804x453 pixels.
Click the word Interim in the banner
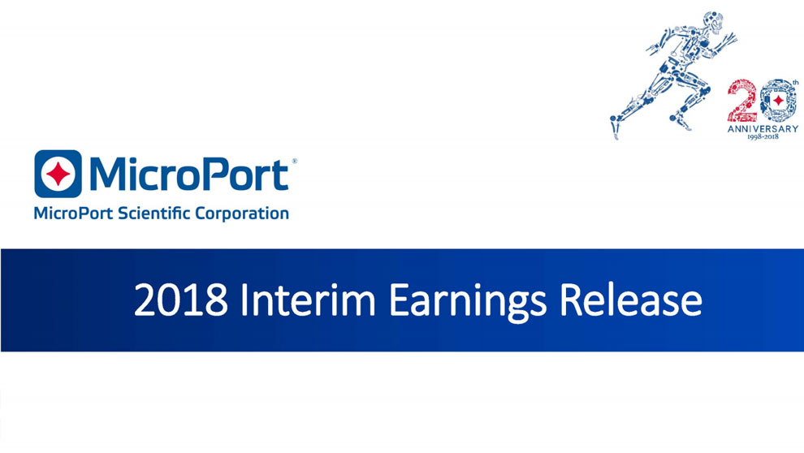308,300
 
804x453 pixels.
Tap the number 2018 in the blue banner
180,300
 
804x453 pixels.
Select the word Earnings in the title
467,302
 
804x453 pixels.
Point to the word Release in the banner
630,300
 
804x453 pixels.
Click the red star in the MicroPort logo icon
58,174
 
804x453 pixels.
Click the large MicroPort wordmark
188,175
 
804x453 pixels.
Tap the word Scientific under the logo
153,213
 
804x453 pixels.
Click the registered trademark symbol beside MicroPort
294,162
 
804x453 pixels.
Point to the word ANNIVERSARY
763,128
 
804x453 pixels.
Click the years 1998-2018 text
763,137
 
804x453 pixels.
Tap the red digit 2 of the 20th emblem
742,100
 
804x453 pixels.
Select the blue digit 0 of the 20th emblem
778,101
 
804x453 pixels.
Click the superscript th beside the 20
795,82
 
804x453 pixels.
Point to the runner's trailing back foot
614,127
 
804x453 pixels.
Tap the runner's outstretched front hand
729,38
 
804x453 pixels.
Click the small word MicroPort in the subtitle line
73,214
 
